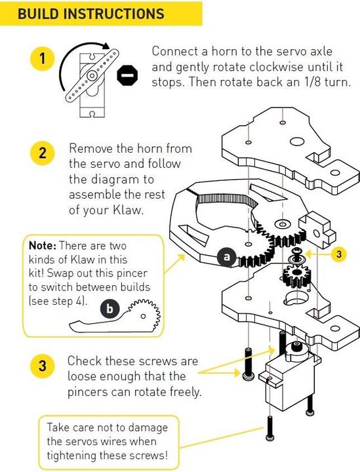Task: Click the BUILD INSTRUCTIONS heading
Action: click(91, 14)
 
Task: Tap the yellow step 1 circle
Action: click(42, 58)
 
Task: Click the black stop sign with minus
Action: click(127, 77)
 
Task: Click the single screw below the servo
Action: click(270, 429)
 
